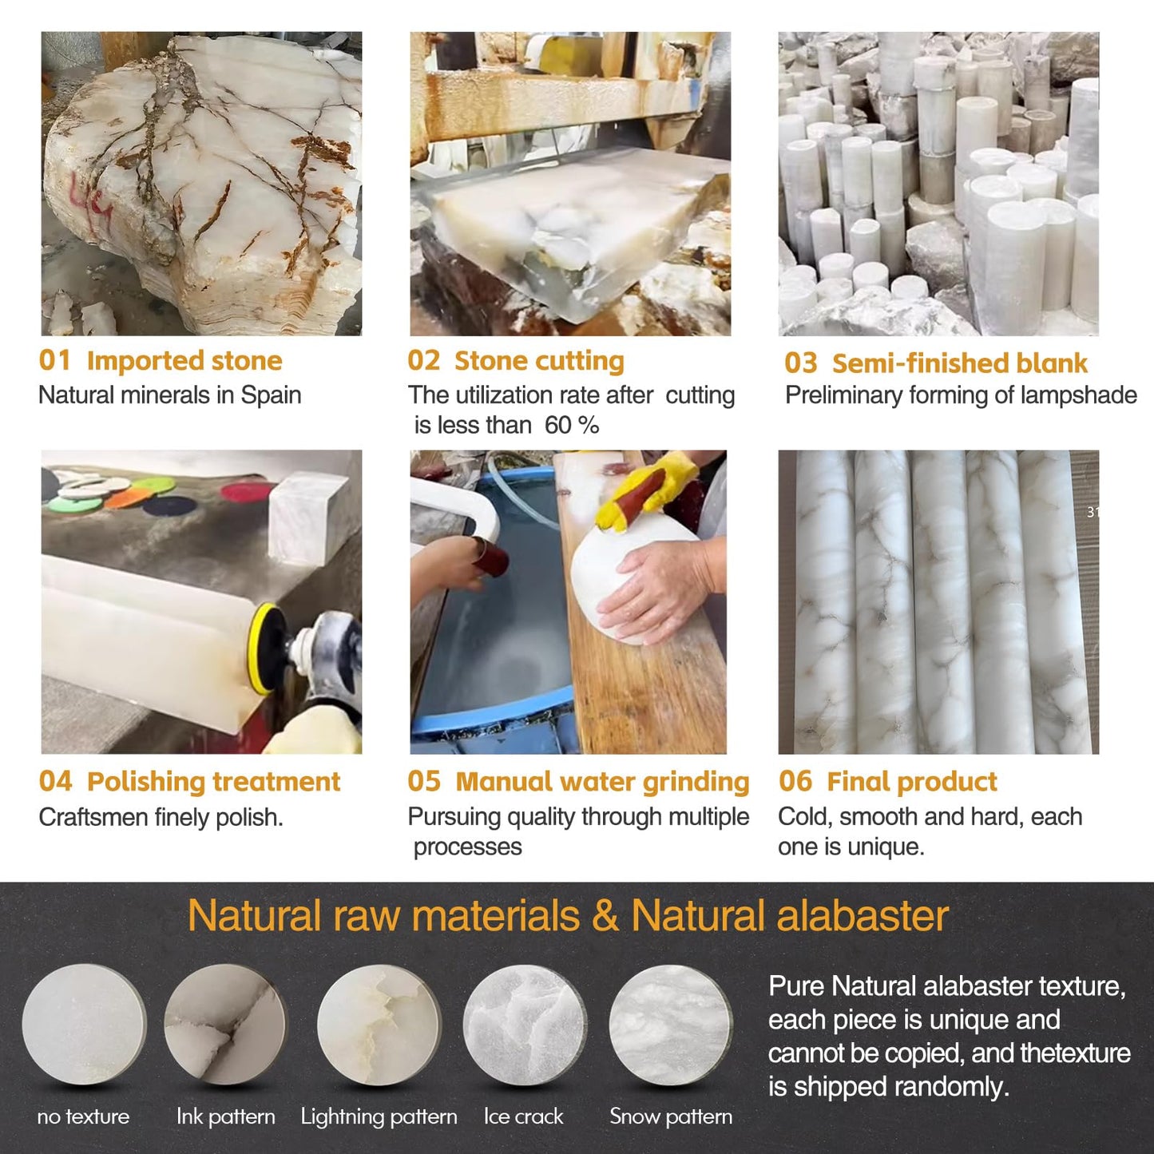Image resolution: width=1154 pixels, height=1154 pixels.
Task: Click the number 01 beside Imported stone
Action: click(x=54, y=360)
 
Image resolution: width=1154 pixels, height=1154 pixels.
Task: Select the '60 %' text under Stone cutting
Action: click(x=572, y=426)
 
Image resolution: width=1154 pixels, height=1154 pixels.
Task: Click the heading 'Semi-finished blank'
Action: click(x=959, y=363)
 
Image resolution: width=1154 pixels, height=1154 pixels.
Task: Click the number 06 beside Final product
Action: click(x=795, y=782)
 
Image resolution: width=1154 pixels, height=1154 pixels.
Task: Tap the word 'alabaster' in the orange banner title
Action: click(x=863, y=916)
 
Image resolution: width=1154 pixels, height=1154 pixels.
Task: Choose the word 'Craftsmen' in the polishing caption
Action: click(x=93, y=818)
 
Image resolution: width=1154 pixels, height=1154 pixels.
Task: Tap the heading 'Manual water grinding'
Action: click(x=602, y=782)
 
